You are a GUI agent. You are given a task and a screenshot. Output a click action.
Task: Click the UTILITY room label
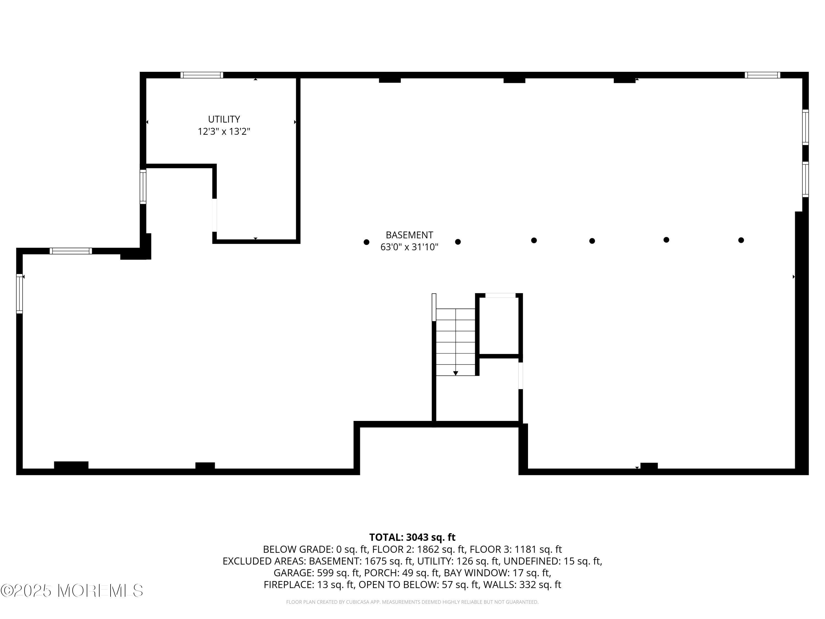click(x=224, y=119)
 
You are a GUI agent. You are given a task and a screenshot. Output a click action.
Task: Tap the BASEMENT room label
click(x=409, y=235)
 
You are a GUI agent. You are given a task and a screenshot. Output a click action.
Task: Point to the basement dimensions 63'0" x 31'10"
click(x=409, y=247)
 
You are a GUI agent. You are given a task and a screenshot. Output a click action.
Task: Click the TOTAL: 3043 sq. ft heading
click(x=412, y=537)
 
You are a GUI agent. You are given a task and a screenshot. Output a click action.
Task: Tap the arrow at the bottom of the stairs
click(x=455, y=373)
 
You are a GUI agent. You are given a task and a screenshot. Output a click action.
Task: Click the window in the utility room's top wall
click(x=202, y=75)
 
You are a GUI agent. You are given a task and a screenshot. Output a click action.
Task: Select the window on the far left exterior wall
click(x=20, y=294)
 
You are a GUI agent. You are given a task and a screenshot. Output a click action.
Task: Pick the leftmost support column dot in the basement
click(x=366, y=242)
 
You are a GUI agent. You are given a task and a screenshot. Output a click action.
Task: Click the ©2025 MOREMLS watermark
click(x=71, y=591)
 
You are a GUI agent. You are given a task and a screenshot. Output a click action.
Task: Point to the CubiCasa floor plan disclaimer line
click(x=412, y=602)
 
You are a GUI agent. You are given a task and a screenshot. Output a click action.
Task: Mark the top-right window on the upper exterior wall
click(x=762, y=75)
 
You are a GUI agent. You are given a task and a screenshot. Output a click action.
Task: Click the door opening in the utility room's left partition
click(x=215, y=215)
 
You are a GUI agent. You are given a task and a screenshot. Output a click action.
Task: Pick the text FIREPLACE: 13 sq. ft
click(x=309, y=585)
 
